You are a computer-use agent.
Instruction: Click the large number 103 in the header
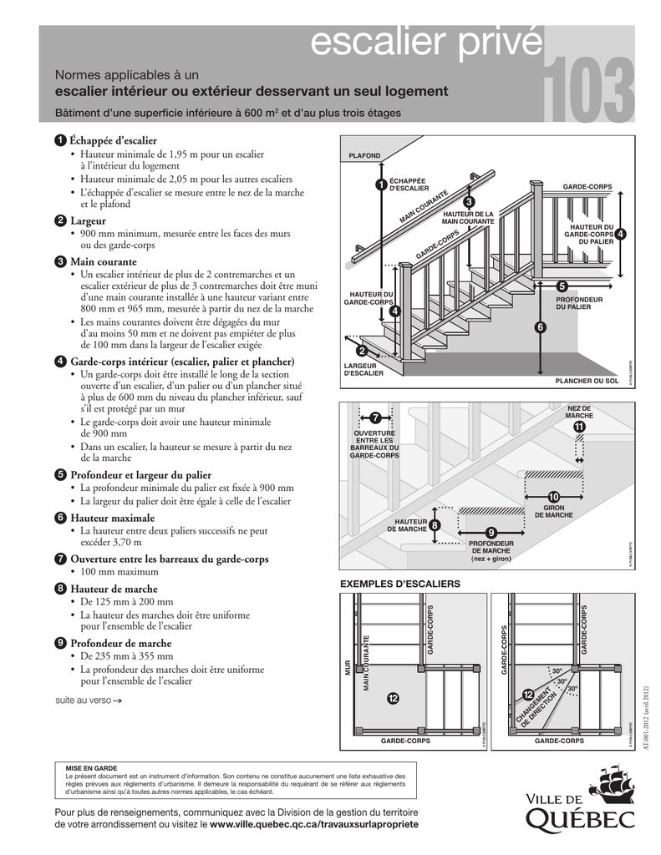[x=588, y=90]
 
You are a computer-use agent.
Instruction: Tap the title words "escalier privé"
[x=425, y=44]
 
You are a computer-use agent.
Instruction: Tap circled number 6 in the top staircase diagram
[x=540, y=327]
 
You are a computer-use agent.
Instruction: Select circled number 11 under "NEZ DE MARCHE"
[x=579, y=427]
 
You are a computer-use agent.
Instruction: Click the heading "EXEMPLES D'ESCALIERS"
[x=399, y=583]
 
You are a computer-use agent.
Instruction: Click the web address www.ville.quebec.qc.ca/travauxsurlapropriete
[x=313, y=824]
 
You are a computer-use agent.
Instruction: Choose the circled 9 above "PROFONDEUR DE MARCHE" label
[x=491, y=533]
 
